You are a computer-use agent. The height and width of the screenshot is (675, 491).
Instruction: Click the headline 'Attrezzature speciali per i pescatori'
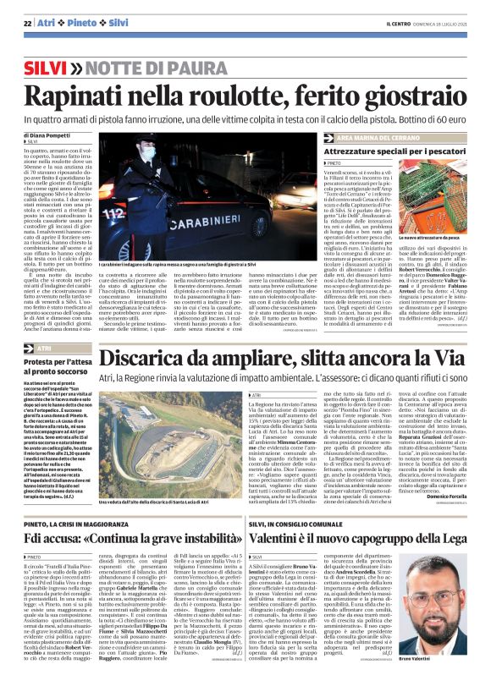391,150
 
